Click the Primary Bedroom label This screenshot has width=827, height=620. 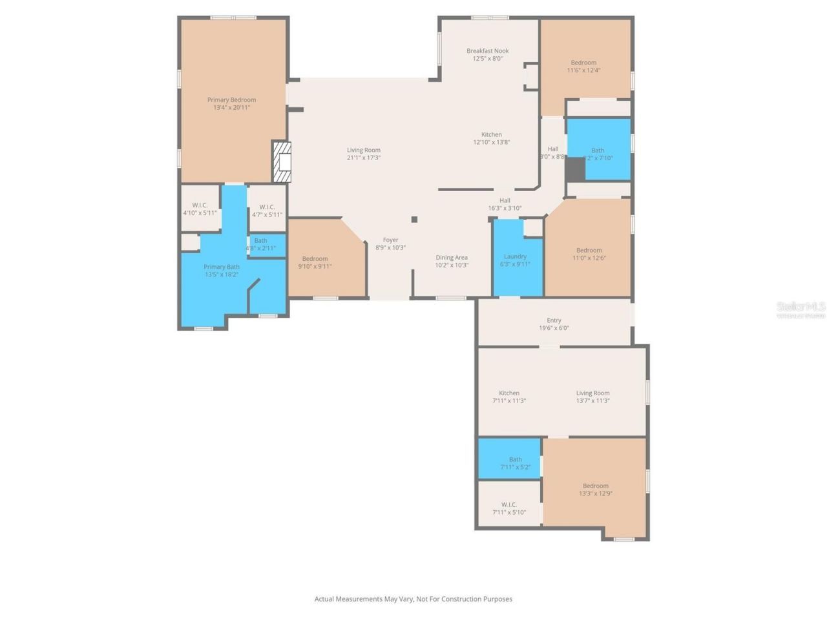coord(231,100)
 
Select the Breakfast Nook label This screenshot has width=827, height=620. coord(488,51)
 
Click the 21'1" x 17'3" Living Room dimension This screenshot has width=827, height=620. coord(364,158)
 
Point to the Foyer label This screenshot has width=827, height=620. coord(390,240)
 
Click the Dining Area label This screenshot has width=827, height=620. coord(451,258)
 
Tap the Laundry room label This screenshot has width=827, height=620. coord(515,256)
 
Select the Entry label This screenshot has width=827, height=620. coord(554,320)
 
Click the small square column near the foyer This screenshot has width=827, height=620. coord(414,220)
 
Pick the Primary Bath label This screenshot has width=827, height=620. coord(222,267)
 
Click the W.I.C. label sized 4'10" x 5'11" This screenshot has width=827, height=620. coord(200,205)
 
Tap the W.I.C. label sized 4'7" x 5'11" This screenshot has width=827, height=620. coord(267,207)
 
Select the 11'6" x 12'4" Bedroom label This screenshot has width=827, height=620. coord(583,63)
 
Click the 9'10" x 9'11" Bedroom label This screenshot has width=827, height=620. coord(315,259)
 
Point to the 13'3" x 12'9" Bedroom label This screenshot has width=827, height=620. coord(595,486)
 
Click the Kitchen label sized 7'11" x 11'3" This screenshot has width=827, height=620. coord(509,393)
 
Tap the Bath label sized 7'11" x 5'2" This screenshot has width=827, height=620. coord(515,460)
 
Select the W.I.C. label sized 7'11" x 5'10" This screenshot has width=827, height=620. coord(509,505)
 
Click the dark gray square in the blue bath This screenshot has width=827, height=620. coord(575,169)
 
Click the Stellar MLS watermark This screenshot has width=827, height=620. coord(801,308)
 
